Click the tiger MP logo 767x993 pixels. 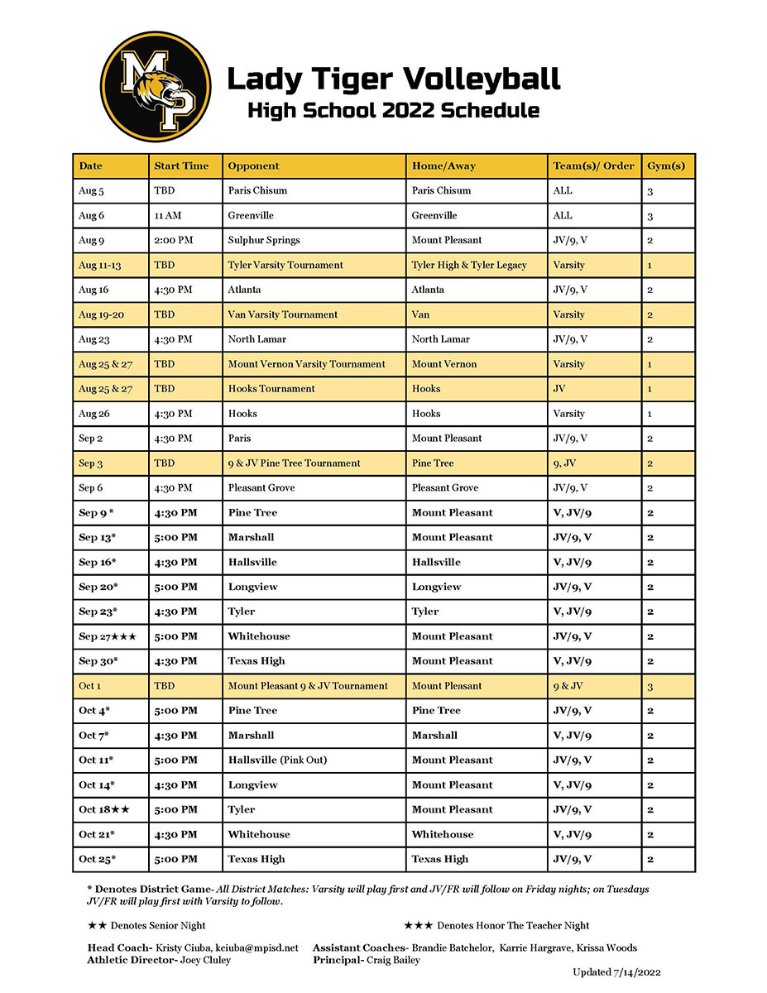156,87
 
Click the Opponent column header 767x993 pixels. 253,165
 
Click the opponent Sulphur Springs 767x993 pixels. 264,240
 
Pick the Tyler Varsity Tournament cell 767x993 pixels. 285,265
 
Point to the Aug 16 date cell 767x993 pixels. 93,290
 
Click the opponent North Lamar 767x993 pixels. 256,339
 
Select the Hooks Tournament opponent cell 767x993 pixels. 271,389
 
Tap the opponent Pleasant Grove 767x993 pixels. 261,488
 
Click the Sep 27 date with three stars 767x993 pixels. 108,636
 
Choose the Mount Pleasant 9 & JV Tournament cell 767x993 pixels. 308,686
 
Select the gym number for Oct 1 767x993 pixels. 650,686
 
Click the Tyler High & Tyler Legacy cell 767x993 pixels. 469,265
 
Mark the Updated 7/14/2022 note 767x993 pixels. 616,972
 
